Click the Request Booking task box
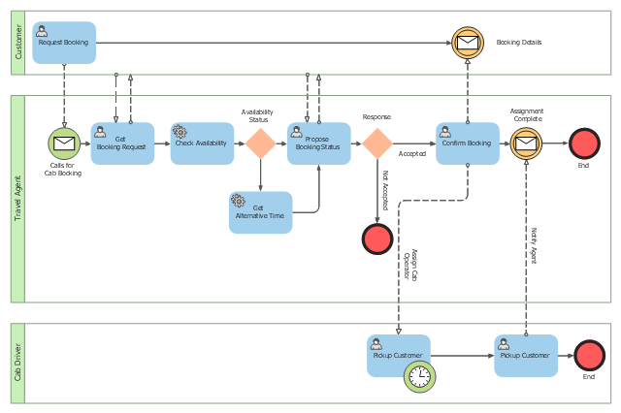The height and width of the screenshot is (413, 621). tap(64, 43)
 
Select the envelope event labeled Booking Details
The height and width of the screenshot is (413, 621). tap(468, 43)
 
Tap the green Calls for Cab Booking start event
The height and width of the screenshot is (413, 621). tap(64, 143)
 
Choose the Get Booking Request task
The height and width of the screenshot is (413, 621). tap(123, 143)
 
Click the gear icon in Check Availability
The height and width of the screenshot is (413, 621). tap(180, 132)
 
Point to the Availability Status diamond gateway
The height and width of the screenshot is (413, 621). tap(261, 143)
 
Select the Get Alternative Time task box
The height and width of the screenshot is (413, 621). tap(261, 212)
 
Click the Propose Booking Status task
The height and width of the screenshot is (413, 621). tap(319, 143)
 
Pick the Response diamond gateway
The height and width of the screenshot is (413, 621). tap(377, 143)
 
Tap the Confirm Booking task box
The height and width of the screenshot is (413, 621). tap(468, 143)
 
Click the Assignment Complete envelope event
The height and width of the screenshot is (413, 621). tap(526, 143)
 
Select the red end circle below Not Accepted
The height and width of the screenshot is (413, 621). tap(377, 238)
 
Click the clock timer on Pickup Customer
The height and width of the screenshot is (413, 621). tap(420, 376)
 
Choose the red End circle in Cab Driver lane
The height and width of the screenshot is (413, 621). tap(590, 356)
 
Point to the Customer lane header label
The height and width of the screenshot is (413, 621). tap(18, 43)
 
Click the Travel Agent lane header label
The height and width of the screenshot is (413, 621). tap(17, 199)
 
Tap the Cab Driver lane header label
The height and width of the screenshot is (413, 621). tap(17, 363)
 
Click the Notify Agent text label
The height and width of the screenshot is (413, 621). tap(534, 245)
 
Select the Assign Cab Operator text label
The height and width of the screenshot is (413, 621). tap(410, 265)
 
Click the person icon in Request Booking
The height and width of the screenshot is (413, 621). tap(42, 31)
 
